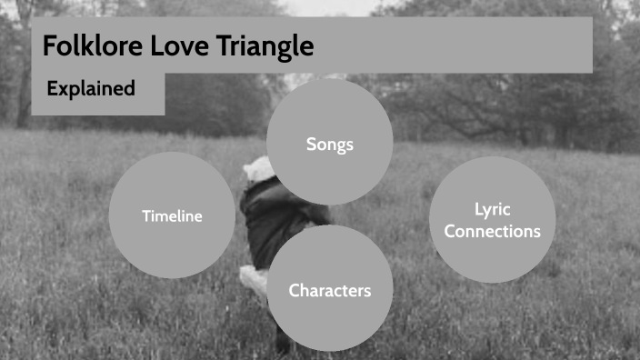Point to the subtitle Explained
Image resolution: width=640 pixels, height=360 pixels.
pyautogui.click(x=91, y=89)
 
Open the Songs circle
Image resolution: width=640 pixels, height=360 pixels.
pyautogui.click(x=329, y=144)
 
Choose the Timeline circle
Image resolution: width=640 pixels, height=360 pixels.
pyautogui.click(x=172, y=215)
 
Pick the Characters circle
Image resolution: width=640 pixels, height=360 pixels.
pyautogui.click(x=329, y=291)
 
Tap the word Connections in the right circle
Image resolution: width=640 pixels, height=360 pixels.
pyautogui.click(x=492, y=232)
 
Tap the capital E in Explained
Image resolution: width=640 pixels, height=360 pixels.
pyautogui.click(x=52, y=89)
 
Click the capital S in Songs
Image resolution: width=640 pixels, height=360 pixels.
pyautogui.click(x=311, y=144)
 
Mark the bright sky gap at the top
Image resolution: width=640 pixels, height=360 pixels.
pyautogui.click(x=327, y=7)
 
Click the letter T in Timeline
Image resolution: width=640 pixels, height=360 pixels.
pyautogui.click(x=145, y=215)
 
